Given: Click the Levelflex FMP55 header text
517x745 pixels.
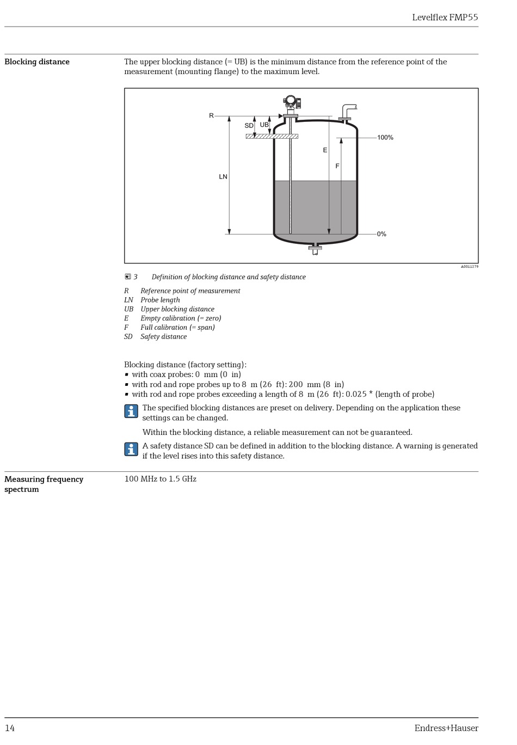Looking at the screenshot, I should (x=445, y=17).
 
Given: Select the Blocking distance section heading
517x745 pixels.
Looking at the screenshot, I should (x=37, y=62).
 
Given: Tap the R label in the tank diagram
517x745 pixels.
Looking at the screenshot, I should (x=212, y=116).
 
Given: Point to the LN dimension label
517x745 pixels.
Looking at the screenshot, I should (x=223, y=177).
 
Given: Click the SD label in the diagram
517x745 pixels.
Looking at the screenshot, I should (x=249, y=126).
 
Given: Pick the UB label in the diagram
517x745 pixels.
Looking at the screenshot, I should (x=264, y=125).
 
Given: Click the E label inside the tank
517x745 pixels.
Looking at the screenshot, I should (x=325, y=150).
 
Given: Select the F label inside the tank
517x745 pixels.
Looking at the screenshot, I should (x=337, y=166).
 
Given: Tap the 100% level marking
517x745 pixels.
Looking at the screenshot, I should (x=385, y=138).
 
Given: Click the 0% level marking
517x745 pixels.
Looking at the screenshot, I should (x=381, y=234).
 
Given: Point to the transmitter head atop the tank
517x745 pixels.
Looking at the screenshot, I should (x=292, y=102).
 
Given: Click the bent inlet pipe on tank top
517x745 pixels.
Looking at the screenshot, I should (x=347, y=110).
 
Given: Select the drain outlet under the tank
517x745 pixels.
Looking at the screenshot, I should (x=315, y=250).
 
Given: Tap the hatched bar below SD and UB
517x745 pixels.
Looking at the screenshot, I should (x=272, y=136).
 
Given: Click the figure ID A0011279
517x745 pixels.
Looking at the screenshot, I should (x=469, y=267).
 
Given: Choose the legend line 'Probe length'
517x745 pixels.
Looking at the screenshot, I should (x=160, y=300).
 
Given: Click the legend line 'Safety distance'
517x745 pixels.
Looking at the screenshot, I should (x=163, y=337).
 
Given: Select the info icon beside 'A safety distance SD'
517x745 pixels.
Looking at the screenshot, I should (x=131, y=450).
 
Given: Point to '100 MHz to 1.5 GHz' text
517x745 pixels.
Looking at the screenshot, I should (x=160, y=479).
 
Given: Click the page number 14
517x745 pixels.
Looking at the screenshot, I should (x=10, y=728).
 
